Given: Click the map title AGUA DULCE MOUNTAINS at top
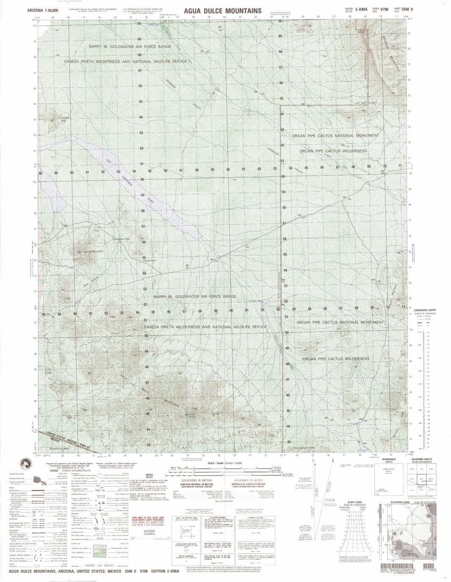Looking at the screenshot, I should (223, 10).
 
